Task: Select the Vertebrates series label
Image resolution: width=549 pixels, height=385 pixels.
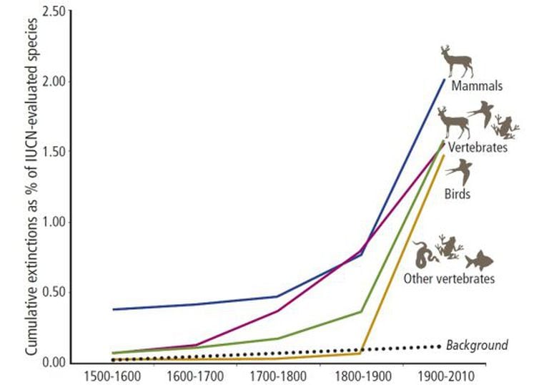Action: [x=478, y=147]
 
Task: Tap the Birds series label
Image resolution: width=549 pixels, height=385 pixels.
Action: [x=457, y=193]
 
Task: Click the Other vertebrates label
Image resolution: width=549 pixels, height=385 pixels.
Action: [x=448, y=278]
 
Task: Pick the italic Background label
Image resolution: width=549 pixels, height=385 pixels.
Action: [x=477, y=346]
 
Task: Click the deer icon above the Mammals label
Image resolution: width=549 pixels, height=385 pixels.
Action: [x=456, y=62]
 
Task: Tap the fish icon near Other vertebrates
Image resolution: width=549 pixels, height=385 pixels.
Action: [x=479, y=260]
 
